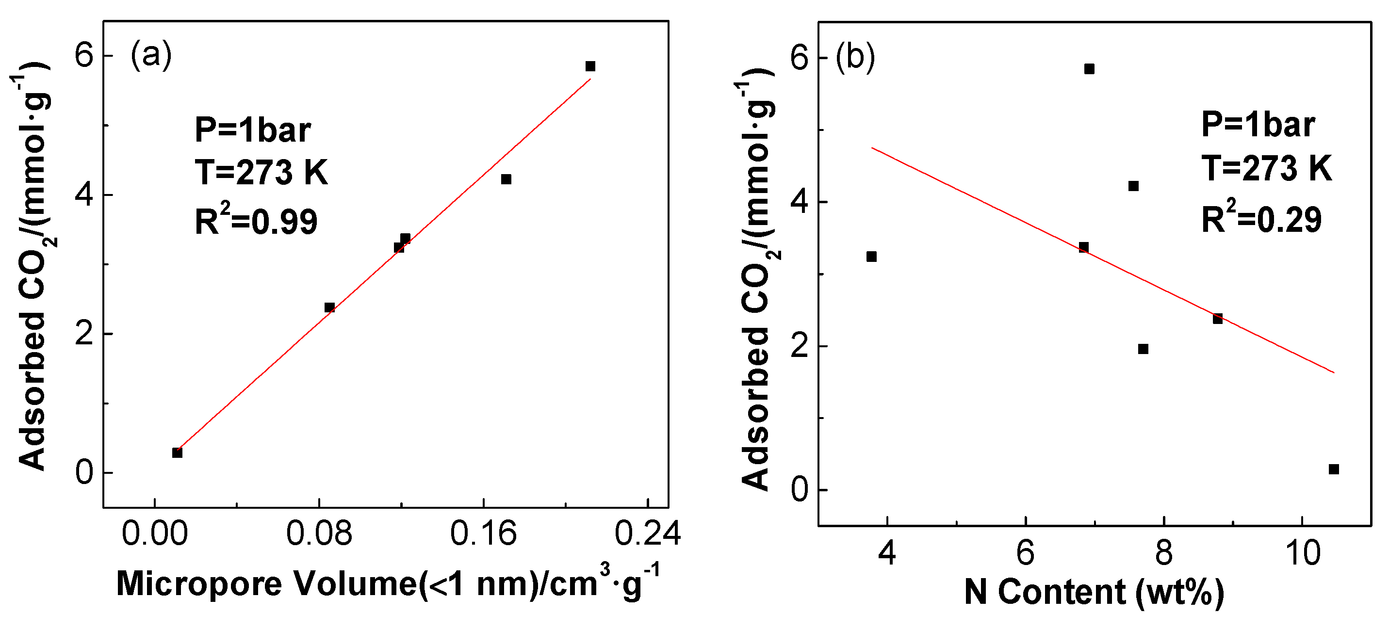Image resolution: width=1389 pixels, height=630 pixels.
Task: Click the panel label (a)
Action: [151, 54]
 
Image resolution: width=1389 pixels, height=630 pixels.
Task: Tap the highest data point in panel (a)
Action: [590, 66]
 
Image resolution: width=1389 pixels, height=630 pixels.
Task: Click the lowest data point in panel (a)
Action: [177, 452]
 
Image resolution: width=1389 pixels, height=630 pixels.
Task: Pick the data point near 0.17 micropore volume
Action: [506, 179]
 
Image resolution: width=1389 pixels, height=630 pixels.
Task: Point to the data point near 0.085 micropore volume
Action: [329, 307]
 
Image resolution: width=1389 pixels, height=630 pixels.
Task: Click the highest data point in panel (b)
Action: [1089, 69]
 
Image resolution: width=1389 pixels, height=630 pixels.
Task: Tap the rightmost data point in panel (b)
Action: [1334, 469]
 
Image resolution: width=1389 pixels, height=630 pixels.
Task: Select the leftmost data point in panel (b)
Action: [871, 257]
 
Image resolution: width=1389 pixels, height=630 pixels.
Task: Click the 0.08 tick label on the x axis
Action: [319, 533]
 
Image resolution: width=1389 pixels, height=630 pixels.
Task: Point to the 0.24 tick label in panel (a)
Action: [647, 533]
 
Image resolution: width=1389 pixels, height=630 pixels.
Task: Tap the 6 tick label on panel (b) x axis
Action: [1025, 553]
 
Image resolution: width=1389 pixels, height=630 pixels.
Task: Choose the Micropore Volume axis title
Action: [387, 583]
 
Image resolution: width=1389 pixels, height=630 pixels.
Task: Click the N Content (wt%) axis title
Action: [1094, 592]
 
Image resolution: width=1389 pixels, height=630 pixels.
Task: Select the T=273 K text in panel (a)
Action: [261, 173]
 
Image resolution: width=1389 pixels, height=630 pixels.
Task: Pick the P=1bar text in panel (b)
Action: [1258, 125]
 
